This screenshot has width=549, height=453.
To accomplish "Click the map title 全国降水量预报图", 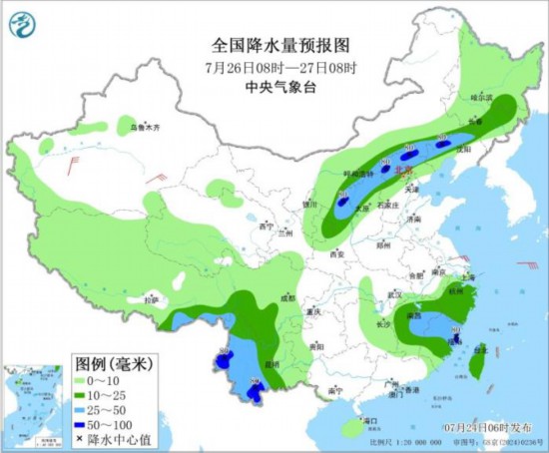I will coord(269,45).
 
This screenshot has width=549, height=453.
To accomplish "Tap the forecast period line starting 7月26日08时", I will coord(269,67).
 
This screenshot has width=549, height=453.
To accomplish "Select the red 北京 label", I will coord(404,171).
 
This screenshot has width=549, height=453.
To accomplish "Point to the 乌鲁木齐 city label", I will coord(146,127).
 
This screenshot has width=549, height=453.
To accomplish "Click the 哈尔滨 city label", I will coord(482,99).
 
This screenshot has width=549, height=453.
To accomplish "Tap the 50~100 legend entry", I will coord(109,423).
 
